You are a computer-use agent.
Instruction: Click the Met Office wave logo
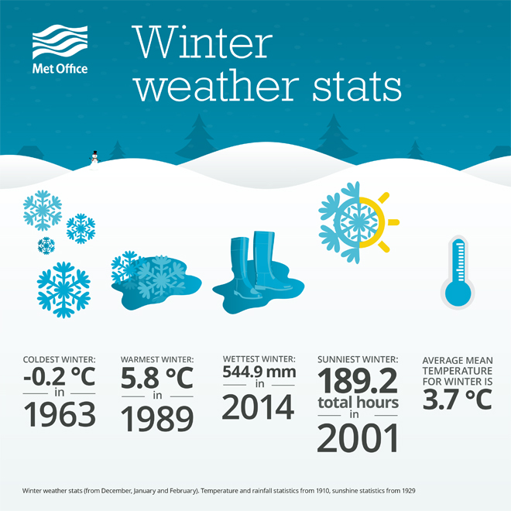(60, 42)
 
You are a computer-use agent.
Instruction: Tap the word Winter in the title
(202, 43)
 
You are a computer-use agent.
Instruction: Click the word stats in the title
(357, 86)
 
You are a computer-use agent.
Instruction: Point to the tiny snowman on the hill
(94, 159)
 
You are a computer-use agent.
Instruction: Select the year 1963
(60, 414)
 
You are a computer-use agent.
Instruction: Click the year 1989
(157, 418)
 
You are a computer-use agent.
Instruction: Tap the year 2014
(258, 406)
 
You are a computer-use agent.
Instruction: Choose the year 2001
(358, 437)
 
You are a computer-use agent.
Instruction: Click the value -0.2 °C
(60, 376)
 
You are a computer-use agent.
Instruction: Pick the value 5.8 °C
(157, 378)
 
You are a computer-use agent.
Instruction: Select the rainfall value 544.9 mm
(259, 372)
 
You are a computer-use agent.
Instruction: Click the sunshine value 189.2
(358, 381)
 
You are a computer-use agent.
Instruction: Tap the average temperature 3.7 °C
(458, 400)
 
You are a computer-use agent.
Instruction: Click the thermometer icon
(458, 272)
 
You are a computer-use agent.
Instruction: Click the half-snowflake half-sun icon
(358, 222)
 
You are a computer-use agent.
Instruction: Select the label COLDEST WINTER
(59, 359)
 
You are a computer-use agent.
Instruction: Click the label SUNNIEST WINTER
(358, 359)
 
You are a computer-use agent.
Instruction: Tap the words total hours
(358, 403)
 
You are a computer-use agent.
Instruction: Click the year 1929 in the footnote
(409, 490)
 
